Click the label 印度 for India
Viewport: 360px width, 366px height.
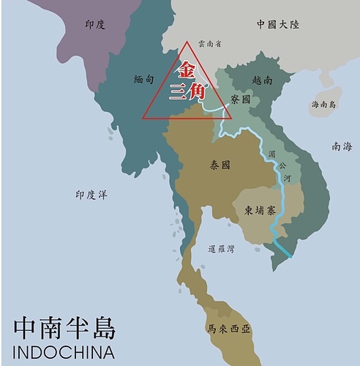tap(95, 24)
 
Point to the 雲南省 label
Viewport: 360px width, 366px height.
tap(209, 44)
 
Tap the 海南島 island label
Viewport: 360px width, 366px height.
tap(323, 105)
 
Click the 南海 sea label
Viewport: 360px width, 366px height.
tap(341, 146)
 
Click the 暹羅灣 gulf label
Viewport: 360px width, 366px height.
tap(221, 250)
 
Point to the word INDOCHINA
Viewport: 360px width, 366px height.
tap(64, 351)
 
